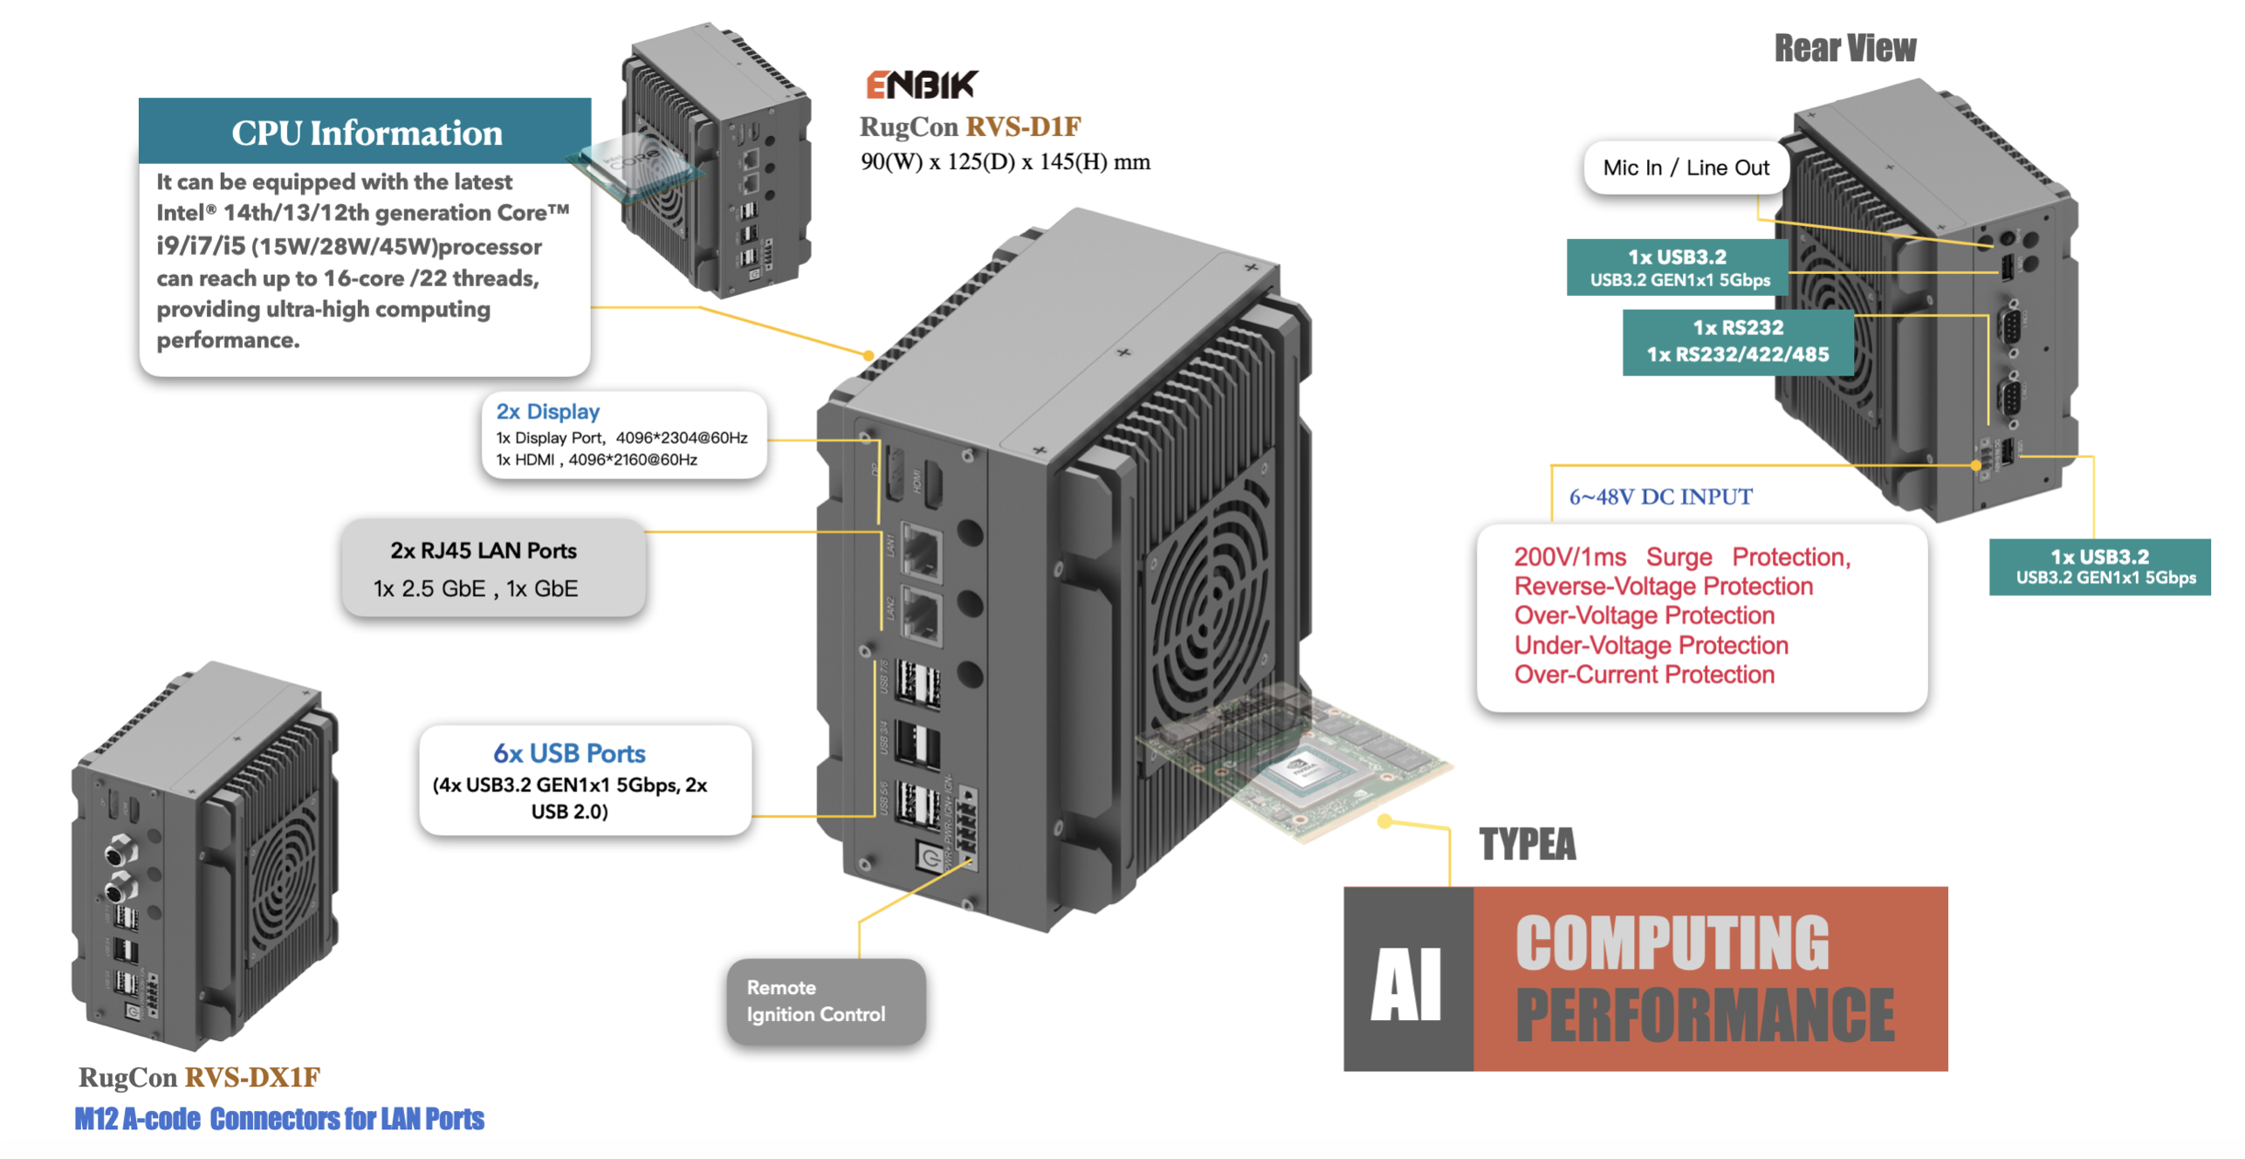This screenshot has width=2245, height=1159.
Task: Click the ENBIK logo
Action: point(921,85)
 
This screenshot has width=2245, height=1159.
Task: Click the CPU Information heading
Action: point(367,133)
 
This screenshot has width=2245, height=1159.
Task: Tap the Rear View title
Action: point(1844,48)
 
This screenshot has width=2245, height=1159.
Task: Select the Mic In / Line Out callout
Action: point(1685,168)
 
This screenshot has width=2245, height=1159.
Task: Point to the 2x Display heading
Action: point(547,411)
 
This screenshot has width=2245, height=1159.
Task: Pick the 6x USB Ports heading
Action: point(569,752)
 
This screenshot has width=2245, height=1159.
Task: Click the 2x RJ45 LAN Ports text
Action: point(483,551)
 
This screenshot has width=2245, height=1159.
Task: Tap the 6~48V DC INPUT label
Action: point(1660,497)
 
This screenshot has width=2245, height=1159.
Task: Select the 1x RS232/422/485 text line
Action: point(1737,354)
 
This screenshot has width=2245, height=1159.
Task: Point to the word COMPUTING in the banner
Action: point(1672,943)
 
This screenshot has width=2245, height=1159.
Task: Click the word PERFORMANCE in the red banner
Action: point(1705,1015)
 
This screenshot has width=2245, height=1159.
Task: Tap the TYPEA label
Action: point(1527,844)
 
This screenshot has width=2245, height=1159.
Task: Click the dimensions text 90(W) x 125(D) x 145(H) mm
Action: point(1005,161)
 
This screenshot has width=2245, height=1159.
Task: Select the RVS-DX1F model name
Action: point(252,1077)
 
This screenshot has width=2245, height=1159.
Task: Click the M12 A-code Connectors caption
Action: point(278,1119)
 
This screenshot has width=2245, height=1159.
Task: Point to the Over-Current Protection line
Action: point(1644,675)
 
